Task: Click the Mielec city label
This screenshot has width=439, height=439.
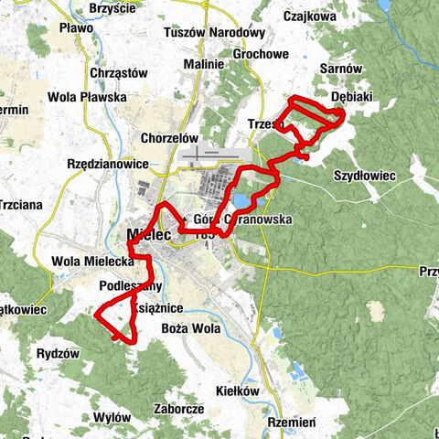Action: (142, 235)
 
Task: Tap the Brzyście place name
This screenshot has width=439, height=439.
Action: (112, 8)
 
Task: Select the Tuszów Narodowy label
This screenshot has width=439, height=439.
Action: (208, 33)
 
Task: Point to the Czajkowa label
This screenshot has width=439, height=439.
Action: (311, 16)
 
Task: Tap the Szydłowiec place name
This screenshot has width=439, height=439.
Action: (363, 174)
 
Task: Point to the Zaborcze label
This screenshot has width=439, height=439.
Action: (179, 409)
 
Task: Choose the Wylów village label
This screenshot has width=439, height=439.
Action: (112, 417)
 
